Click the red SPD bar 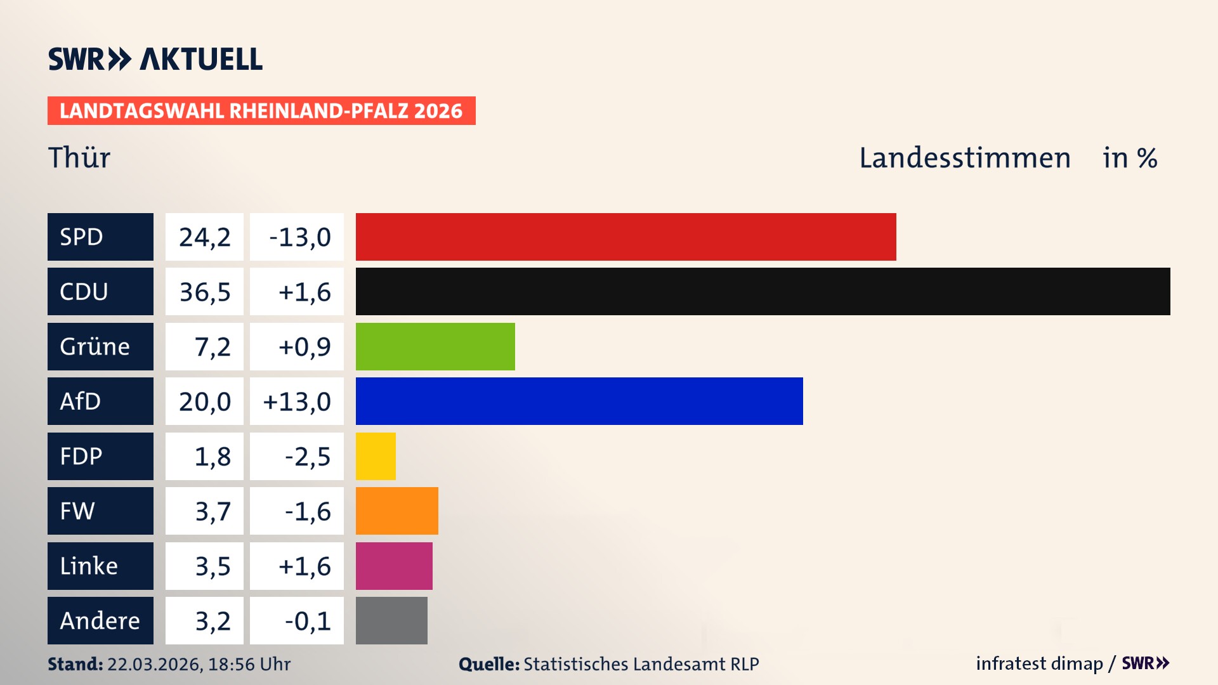click(x=625, y=237)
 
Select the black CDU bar click(x=763, y=291)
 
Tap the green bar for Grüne click(x=435, y=346)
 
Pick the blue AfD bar click(x=579, y=401)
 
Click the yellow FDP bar click(x=376, y=456)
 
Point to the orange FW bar click(x=396, y=511)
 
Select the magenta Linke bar click(x=394, y=566)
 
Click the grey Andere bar click(x=391, y=620)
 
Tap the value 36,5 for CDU click(x=204, y=292)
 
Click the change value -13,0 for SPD click(x=299, y=237)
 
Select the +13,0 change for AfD click(x=297, y=401)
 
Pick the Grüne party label click(x=95, y=346)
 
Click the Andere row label click(x=100, y=620)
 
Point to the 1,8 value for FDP click(x=212, y=457)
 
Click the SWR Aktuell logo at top click(x=155, y=59)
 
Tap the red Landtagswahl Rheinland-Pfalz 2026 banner click(x=261, y=111)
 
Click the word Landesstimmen click(x=964, y=158)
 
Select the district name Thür click(x=79, y=157)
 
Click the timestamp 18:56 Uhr click(x=249, y=664)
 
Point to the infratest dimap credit click(x=1038, y=663)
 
